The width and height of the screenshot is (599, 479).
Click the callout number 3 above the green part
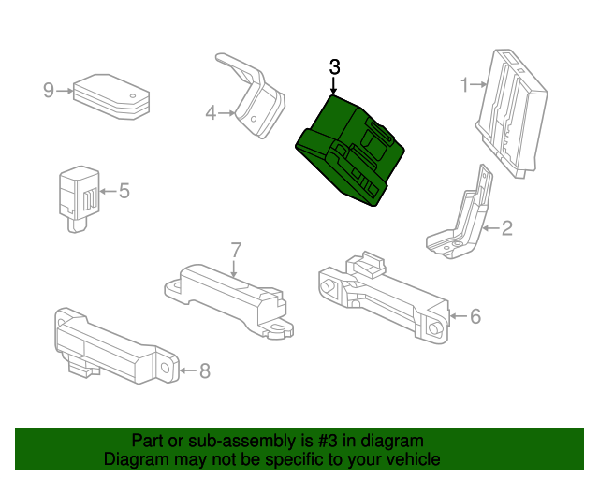pos(334,67)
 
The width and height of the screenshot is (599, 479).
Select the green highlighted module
pos(349,151)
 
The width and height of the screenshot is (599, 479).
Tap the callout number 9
pos(49,91)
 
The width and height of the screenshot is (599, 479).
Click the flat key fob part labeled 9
pos(111,96)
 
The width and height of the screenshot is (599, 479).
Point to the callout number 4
pos(211,113)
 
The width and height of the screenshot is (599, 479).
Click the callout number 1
pos(464,85)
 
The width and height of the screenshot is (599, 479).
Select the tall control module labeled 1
pos(511,113)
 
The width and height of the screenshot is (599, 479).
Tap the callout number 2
pos(506,228)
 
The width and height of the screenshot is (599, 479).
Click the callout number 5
pos(124,191)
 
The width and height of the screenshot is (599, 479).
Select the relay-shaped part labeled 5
pos(79,198)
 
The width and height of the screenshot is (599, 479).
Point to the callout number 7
pos(237,250)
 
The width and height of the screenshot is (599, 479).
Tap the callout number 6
pos(475,316)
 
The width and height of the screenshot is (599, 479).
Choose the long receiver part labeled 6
pos(384,298)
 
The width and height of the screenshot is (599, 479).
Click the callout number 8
pos(205,370)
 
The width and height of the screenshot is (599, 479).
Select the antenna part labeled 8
pos(117,346)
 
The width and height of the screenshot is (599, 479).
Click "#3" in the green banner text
pos(328,441)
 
